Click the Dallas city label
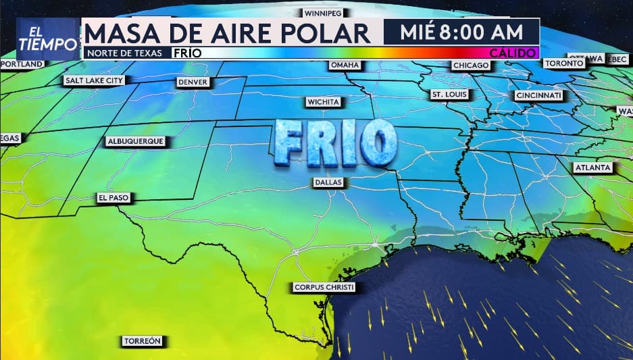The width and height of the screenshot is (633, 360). pyautogui.click(x=329, y=182)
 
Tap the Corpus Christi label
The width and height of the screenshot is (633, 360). pyautogui.click(x=324, y=287)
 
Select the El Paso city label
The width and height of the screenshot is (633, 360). pyautogui.click(x=113, y=198)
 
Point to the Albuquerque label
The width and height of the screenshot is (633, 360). pyautogui.click(x=135, y=142)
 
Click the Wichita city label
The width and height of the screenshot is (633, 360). pyautogui.click(x=324, y=102)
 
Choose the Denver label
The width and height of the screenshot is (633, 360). pyautogui.click(x=193, y=82)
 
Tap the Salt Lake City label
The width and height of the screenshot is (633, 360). pyautogui.click(x=95, y=80)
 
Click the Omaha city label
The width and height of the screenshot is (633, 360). pyautogui.click(x=345, y=65)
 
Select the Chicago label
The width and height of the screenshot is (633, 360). pyautogui.click(x=471, y=65)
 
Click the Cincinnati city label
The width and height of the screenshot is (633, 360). pyautogui.click(x=538, y=96)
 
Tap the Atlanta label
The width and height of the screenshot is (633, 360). pyautogui.click(x=592, y=167)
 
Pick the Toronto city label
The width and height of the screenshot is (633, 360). pyautogui.click(x=563, y=63)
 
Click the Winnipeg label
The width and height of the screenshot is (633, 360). pyautogui.click(x=322, y=13)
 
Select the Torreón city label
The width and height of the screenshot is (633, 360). pyautogui.click(x=142, y=341)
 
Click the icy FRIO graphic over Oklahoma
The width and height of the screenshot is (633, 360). pyautogui.click(x=334, y=143)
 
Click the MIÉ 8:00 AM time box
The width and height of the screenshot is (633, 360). pyautogui.click(x=461, y=32)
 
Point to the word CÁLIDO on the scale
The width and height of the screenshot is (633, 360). pyautogui.click(x=513, y=53)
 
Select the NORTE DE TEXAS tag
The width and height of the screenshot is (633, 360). pyautogui.click(x=124, y=53)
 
